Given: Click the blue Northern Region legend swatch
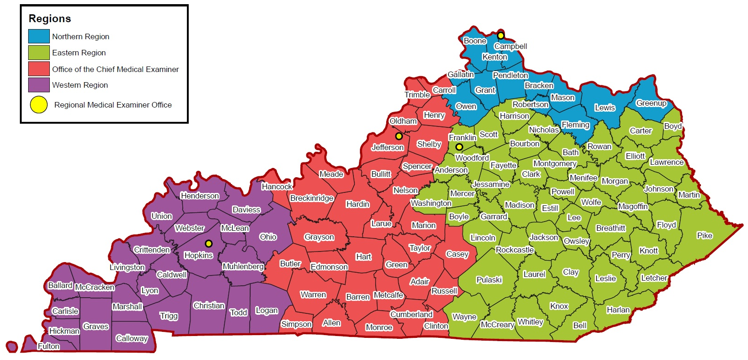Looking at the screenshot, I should (x=39, y=36).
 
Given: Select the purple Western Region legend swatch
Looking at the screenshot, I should (x=39, y=85).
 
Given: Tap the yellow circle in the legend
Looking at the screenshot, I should (x=39, y=105).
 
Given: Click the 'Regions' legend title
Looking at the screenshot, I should (x=50, y=19).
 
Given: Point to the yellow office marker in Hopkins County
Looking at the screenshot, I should (x=209, y=243).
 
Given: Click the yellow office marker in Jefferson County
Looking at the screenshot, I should (x=399, y=136).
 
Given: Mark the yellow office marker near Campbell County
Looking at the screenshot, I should (x=501, y=36).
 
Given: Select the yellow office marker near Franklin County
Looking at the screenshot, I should (x=459, y=147).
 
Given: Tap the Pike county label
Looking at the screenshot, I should (x=705, y=235).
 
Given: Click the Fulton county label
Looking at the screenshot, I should (x=48, y=346).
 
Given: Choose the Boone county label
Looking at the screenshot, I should (x=475, y=41).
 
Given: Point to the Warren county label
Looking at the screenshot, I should (x=313, y=294).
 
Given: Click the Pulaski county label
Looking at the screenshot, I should (x=489, y=280).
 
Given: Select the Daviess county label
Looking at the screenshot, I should (x=246, y=210).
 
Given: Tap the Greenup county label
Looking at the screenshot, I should (x=651, y=103).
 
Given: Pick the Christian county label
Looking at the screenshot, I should (x=209, y=306).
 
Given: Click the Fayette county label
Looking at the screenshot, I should (x=503, y=165).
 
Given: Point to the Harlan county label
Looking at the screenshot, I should (x=618, y=310).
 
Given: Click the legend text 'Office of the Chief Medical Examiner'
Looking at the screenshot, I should (x=115, y=69).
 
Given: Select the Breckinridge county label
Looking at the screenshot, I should (x=312, y=198).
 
